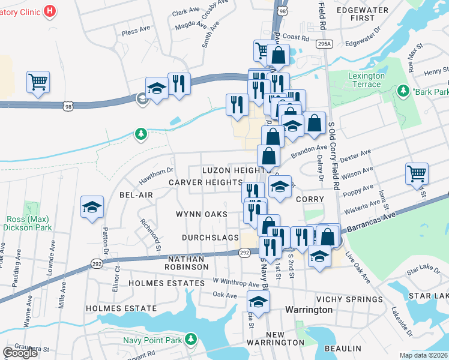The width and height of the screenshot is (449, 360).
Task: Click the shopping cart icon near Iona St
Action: pyautogui.click(x=417, y=175)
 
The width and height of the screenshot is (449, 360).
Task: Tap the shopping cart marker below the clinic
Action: pyautogui.click(x=38, y=82)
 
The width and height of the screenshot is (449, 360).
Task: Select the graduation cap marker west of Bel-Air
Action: pyautogui.click(x=92, y=208)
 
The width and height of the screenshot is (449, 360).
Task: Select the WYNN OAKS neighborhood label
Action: pyautogui.click(x=202, y=214)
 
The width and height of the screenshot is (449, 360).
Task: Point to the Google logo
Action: pyautogui.click(x=20, y=352)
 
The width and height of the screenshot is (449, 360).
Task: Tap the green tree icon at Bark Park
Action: pyautogui.click(x=403, y=91)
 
